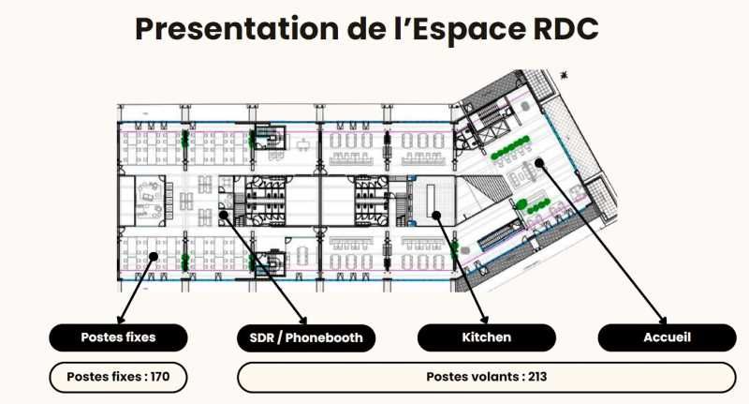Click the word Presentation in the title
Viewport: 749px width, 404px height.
tap(238, 29)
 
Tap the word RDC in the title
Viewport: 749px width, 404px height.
tap(565, 29)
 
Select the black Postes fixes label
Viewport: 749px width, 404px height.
tap(118, 337)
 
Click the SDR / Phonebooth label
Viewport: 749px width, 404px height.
tap(306, 337)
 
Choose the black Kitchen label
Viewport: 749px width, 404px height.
tap(487, 337)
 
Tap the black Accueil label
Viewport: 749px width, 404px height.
tap(668, 337)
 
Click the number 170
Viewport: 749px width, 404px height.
tap(160, 377)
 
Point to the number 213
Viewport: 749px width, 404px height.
tap(537, 377)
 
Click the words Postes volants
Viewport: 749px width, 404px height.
tap(473, 377)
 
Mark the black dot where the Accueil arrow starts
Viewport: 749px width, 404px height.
tap(539, 162)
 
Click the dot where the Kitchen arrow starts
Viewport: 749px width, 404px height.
tap(436, 216)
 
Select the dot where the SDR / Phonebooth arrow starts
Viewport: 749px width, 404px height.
tap(224, 216)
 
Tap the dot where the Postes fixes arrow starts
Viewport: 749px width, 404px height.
tap(154, 256)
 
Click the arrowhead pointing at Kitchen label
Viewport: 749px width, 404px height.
tap(484, 320)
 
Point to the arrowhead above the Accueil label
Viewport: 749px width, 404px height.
tap(662, 320)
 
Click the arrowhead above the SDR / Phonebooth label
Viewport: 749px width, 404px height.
tap(302, 320)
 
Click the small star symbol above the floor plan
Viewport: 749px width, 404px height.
tap(565, 75)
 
